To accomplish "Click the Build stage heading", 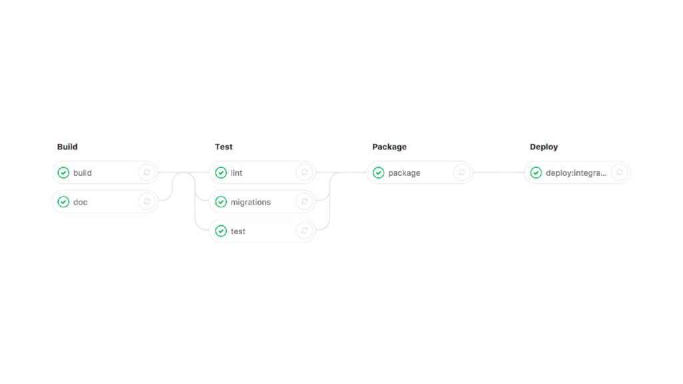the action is [x=67, y=147].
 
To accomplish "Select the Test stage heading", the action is [x=223, y=147].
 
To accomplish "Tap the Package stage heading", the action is [x=390, y=147].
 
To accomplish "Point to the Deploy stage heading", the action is [x=544, y=147].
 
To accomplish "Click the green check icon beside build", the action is [x=63, y=173].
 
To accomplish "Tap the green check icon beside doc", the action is [x=63, y=202].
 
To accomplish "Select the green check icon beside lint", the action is [x=221, y=173].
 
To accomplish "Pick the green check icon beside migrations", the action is [x=221, y=202].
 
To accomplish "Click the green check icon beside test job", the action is [x=221, y=231].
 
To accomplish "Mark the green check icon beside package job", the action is [x=379, y=173].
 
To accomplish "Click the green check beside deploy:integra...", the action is [x=536, y=173].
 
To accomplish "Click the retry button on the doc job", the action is [x=147, y=201].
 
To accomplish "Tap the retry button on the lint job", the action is [x=304, y=173].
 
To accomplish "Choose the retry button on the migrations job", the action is [x=304, y=201].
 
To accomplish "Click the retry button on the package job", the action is [x=462, y=173].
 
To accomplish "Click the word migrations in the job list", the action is [x=251, y=202].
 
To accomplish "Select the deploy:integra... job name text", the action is [x=576, y=173].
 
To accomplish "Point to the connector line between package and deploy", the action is [x=499, y=173].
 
